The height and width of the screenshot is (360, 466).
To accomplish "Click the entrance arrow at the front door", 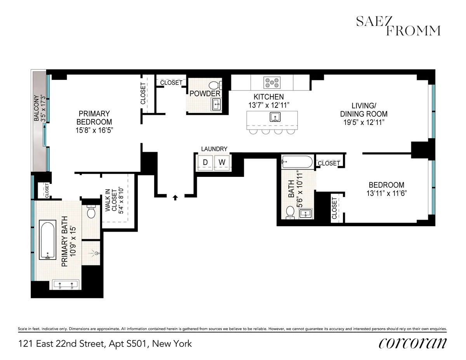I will [175, 197].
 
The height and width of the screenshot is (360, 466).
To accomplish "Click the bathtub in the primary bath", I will [48, 240].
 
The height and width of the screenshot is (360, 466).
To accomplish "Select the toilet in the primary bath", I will [92, 212].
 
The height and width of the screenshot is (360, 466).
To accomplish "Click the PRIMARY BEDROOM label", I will [94, 117].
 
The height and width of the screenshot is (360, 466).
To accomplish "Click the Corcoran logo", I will [412, 343].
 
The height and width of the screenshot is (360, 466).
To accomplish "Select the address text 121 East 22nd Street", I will [105, 344].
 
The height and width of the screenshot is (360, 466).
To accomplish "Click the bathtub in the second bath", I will [297, 162].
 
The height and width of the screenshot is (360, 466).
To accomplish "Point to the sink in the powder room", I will [216, 104].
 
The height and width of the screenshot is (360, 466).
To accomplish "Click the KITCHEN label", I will [269, 97].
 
